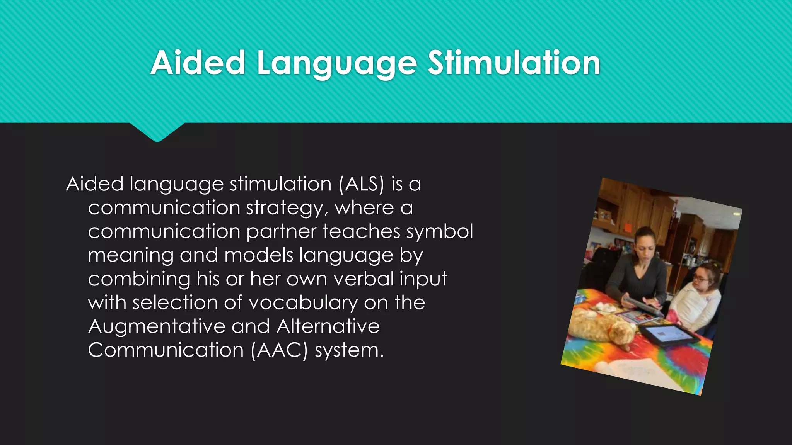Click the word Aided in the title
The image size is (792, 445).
[x=198, y=63]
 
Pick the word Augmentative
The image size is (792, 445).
[x=157, y=327]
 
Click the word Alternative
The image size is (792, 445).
[x=328, y=326]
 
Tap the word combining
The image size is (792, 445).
[x=139, y=279]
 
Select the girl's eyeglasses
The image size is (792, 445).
[x=701, y=277]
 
